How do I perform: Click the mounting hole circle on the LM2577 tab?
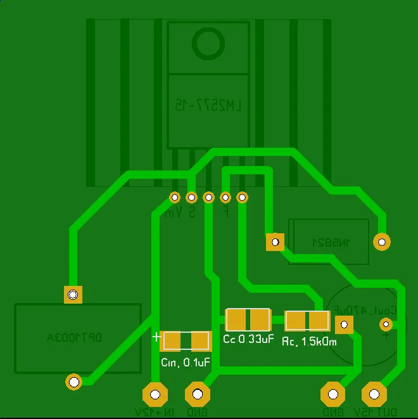pos(208,43)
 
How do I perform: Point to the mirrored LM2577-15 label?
pos(208,105)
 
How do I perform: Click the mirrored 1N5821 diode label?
pos(330,242)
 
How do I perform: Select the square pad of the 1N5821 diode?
pos(274,242)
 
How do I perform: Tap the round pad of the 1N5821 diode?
pos(381,242)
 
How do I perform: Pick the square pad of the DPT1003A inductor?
pos(73,295)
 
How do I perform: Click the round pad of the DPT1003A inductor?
pos(74,382)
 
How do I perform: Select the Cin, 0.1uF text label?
pos(186,363)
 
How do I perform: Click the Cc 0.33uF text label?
pos(248,338)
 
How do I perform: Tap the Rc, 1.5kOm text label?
pos(309,342)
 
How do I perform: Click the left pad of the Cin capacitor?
pos(173,341)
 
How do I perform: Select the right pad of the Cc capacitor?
pos(260,319)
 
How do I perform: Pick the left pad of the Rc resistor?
pos(296,321)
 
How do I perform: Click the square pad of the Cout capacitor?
pos(344,325)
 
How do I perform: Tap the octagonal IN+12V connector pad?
pos(154,394)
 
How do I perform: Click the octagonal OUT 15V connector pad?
pos(374,394)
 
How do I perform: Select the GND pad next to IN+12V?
pos(197,394)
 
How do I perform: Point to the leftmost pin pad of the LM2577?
pos(175,197)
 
